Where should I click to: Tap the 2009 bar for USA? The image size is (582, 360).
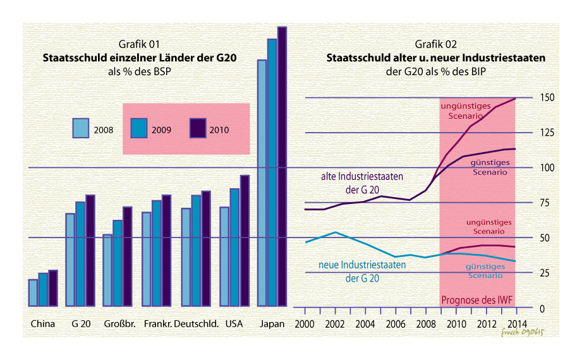234,247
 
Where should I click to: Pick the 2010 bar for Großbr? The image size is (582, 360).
127,256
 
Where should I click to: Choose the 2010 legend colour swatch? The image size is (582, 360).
198,128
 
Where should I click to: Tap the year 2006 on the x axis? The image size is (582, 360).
396,324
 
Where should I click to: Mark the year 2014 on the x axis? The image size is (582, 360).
517,324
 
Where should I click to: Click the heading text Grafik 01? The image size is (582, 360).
139,44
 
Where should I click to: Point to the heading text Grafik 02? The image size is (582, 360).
436,44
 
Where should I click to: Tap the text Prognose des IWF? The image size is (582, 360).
478,301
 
